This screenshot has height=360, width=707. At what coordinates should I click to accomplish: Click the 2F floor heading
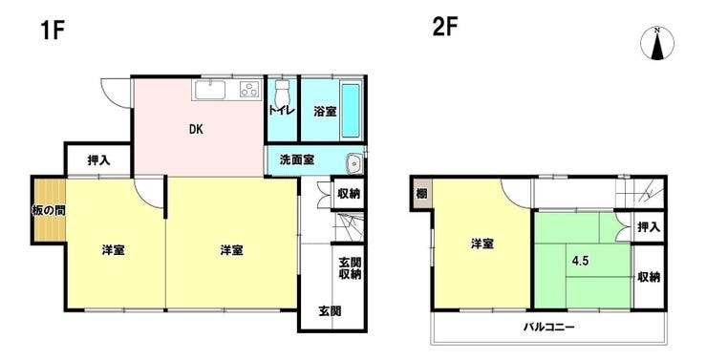coord(445,26)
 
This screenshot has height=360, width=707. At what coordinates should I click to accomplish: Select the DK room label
coord(194,129)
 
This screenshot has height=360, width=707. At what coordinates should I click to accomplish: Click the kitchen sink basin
coord(210,92)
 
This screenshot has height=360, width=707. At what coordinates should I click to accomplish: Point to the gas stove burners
coord(247,92)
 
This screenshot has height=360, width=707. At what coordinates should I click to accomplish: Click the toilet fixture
coord(281,94)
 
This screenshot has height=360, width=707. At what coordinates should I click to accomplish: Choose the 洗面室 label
coord(297,160)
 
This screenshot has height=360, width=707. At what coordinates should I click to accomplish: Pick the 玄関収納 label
coord(349,268)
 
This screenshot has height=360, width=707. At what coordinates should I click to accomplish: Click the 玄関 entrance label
coord(330,311)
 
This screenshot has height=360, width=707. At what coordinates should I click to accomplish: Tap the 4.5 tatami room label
coord(579,258)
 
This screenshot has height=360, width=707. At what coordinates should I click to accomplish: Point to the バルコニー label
coord(547,328)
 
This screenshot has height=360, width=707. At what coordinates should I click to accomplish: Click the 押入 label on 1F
coord(97,159)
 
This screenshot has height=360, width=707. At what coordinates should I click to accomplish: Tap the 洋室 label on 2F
coord(482,244)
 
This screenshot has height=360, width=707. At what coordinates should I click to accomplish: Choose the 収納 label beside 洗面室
coord(349,194)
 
